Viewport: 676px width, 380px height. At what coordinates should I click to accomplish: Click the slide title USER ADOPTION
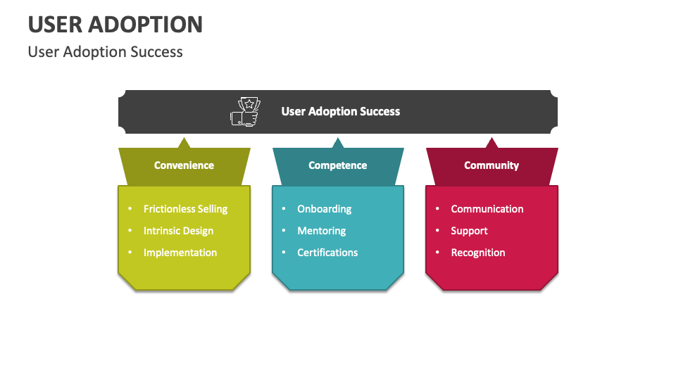coord(115,24)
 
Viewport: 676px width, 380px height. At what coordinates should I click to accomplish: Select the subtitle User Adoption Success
coord(105,52)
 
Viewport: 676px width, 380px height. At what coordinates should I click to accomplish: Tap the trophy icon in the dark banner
coord(246,111)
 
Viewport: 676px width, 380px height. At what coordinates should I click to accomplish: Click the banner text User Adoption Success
coord(340,111)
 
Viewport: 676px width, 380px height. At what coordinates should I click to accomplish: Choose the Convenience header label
coord(184,165)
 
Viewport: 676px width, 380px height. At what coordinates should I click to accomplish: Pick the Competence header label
coord(337,165)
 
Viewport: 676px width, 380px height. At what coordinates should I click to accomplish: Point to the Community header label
coord(492,165)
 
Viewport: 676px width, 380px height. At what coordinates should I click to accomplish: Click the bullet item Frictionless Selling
coord(185,209)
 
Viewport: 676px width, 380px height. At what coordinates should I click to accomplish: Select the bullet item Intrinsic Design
coord(178,231)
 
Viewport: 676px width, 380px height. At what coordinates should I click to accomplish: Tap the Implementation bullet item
coord(180,253)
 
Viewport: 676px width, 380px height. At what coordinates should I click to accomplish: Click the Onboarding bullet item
coord(324,209)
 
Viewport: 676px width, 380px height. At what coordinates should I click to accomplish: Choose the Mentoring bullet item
coord(321,231)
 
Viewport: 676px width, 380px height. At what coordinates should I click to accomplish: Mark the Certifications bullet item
coord(327,253)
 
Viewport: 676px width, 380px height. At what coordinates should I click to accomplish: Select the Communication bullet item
coord(487,209)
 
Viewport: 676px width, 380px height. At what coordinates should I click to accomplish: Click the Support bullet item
coord(469,231)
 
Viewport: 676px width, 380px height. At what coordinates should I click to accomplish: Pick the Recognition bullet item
coord(478,253)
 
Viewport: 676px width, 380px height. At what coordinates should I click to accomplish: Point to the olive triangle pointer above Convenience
coord(184,144)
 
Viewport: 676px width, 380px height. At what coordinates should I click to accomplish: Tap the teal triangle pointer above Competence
coord(338,144)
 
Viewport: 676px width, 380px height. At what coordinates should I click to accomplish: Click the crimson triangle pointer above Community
coord(492,144)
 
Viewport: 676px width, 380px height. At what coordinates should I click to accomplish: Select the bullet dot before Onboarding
coord(284,209)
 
